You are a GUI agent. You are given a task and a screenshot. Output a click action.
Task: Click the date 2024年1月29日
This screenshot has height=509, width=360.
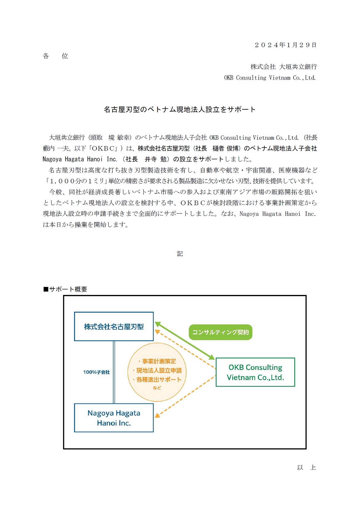[286, 45]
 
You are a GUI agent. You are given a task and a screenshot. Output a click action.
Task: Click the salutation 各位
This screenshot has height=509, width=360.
[55, 56]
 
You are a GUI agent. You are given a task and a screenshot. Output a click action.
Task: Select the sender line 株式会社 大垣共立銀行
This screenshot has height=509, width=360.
[283, 67]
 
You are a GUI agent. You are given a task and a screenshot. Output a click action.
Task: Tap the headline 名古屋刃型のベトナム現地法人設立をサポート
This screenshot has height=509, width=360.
[180, 109]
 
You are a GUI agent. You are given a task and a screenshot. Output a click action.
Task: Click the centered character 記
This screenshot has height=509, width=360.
[180, 254]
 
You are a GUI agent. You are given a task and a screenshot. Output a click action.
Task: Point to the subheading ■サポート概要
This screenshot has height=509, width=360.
[65, 289]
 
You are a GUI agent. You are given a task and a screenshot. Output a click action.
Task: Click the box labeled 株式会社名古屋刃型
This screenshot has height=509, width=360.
[114, 327]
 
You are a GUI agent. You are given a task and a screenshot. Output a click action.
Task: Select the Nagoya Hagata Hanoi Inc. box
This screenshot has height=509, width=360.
[114, 418]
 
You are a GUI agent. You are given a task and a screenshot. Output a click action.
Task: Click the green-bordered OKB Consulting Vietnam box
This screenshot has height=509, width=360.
[255, 372]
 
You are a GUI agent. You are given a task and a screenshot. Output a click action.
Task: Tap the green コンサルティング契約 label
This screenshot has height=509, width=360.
[220, 332]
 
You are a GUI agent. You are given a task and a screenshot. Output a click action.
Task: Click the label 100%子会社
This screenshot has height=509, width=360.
[96, 372]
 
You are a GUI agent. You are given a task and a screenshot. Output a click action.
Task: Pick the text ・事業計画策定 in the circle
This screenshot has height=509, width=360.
[157, 361]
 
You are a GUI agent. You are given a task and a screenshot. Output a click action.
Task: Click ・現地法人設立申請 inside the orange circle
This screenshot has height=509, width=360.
[157, 371]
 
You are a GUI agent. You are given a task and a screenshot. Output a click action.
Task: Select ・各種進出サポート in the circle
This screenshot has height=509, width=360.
[157, 380]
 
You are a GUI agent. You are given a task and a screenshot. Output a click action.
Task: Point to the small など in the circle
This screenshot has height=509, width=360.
[157, 388]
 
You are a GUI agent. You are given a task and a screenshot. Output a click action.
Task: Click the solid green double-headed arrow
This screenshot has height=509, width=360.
[185, 340]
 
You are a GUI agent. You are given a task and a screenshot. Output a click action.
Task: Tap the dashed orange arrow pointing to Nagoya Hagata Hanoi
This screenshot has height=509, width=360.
[185, 397]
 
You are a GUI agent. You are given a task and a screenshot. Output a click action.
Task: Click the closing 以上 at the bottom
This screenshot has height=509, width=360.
[306, 467]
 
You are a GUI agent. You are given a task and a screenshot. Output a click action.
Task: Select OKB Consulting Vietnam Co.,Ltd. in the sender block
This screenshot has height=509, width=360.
[270, 78]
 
